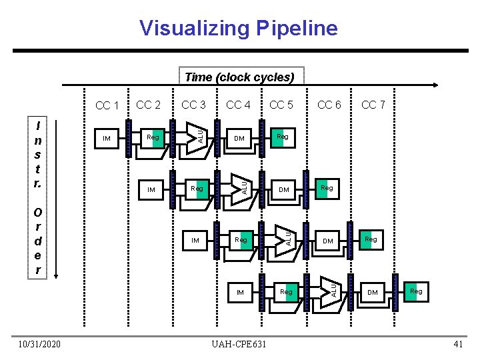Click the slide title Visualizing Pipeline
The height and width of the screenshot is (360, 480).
pos(239,28)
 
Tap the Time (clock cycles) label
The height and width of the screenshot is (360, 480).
pos(239,77)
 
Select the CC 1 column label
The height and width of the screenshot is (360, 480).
pos(107,106)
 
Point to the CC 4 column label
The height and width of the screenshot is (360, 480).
pos(238,105)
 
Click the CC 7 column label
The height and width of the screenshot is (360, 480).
pos(373,105)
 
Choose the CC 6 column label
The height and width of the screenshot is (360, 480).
pos(329,105)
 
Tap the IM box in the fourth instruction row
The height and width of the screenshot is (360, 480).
pos(240,292)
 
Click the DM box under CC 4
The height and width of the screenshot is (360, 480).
pos(239,139)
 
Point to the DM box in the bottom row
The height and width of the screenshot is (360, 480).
pos(373,292)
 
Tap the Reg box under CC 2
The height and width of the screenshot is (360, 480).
pos(153,137)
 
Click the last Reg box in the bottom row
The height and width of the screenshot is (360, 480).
pos(416,291)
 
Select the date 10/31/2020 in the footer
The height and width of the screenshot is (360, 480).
pos(40,344)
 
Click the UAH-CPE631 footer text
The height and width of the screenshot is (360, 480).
pos(238,344)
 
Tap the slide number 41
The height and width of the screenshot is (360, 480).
pos(457,344)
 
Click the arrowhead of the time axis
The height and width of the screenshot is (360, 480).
pos(435,85)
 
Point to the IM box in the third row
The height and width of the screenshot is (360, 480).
pos(195,240)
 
